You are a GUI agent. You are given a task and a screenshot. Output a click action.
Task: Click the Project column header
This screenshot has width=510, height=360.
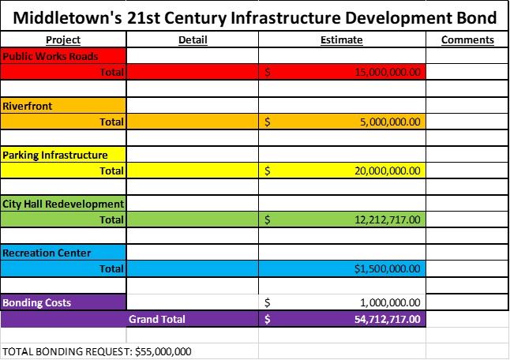tap(63, 40)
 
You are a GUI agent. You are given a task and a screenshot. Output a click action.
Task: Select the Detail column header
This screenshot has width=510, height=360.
tap(193, 40)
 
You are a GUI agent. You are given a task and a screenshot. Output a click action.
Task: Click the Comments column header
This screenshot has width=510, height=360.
tap(467, 40)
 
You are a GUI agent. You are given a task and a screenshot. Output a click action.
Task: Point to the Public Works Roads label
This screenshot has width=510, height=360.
tap(51, 57)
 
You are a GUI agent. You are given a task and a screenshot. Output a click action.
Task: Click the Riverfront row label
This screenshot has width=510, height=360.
tap(28, 106)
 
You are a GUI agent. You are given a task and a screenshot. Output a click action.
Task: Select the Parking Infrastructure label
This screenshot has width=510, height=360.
tap(55, 155)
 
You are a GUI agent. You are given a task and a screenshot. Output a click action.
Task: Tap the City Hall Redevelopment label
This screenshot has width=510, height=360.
tap(63, 204)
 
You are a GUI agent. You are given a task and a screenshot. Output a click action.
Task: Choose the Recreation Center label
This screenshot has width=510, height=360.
tap(47, 253)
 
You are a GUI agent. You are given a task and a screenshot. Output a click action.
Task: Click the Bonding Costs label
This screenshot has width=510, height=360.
tap(36, 302)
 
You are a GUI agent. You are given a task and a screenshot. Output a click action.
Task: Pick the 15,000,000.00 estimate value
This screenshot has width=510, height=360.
tap(388, 73)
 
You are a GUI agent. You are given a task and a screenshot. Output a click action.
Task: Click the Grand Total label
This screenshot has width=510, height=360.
tap(157, 320)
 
